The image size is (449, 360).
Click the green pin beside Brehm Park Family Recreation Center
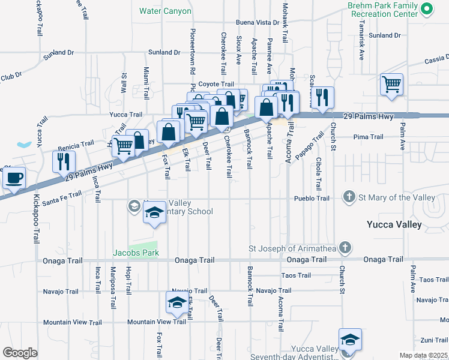coord(427,9)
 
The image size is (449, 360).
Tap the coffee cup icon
coord(14,178)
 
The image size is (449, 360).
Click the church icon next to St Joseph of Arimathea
coord(345,247)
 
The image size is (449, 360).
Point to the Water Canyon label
coord(165,11)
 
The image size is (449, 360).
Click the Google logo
coord(20,353)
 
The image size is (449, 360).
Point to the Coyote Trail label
coord(216,85)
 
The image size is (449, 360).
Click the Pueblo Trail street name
coord(312,198)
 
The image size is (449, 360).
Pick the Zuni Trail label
coord(434,340)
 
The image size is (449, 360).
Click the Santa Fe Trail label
coord(62,195)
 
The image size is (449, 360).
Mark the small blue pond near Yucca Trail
coord(25,145)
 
